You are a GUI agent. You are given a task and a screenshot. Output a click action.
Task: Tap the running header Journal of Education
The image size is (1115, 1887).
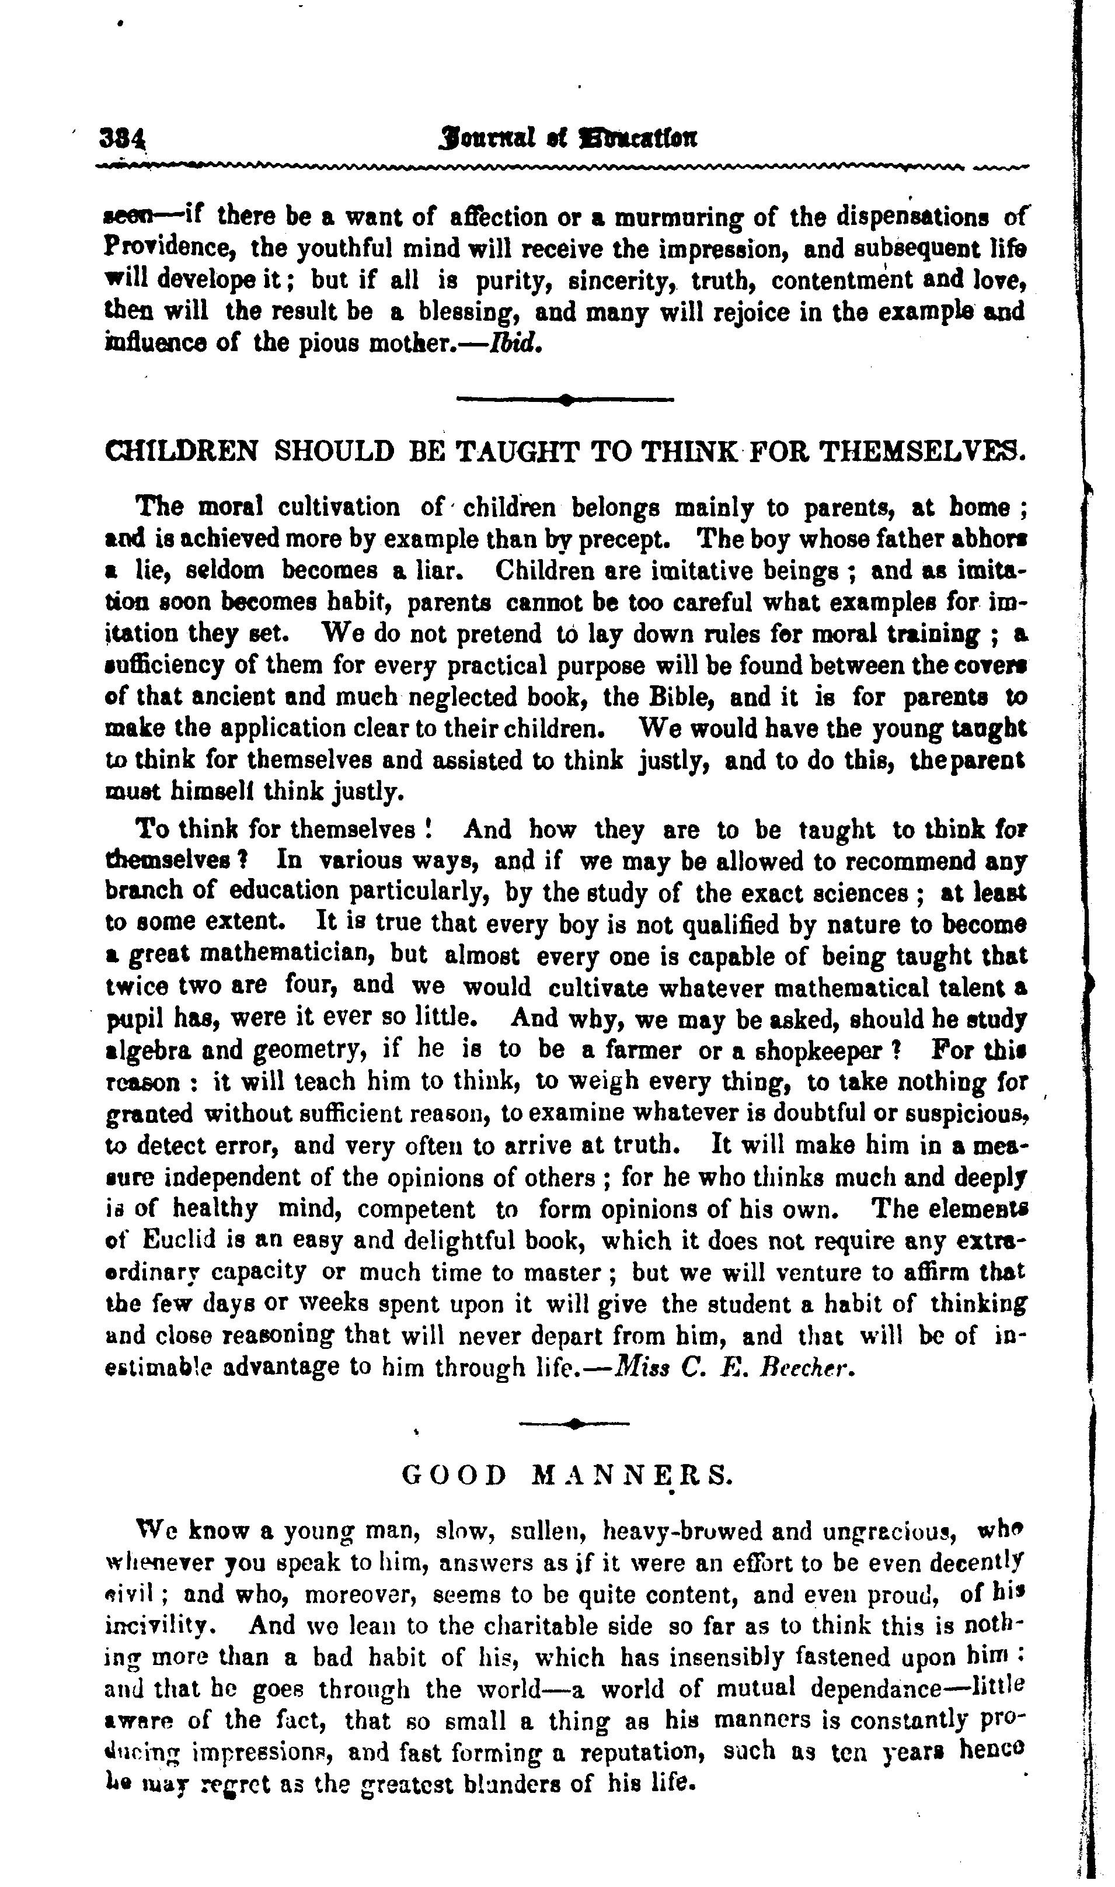(x=570, y=139)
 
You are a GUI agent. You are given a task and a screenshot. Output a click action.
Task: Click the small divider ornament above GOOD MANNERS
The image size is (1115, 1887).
(x=574, y=1423)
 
